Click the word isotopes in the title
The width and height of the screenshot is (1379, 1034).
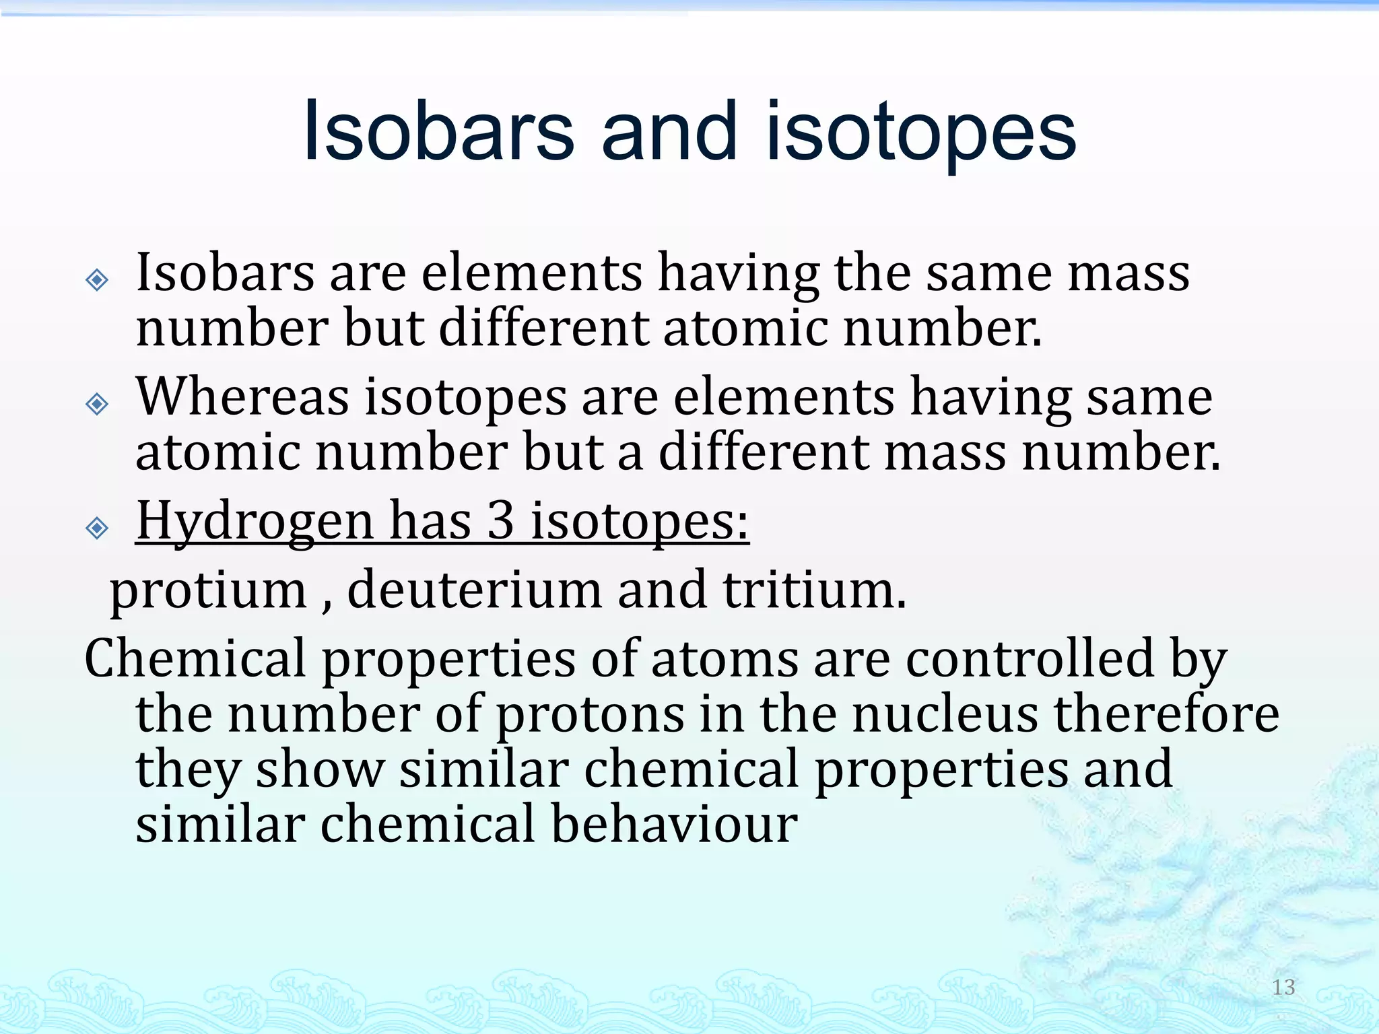(920, 133)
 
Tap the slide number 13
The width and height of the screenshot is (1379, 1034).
(1283, 987)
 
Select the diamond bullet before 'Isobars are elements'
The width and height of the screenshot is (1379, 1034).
(98, 279)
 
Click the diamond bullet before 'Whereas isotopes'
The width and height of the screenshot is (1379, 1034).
(98, 404)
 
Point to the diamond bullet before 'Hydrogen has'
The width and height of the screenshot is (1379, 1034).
(98, 528)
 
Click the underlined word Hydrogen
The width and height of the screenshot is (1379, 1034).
(255, 522)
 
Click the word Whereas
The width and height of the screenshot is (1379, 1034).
(242, 397)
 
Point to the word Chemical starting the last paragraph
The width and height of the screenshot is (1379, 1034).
(195, 658)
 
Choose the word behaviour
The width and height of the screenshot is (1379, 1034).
(675, 824)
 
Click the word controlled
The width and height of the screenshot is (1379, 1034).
(1030, 658)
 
